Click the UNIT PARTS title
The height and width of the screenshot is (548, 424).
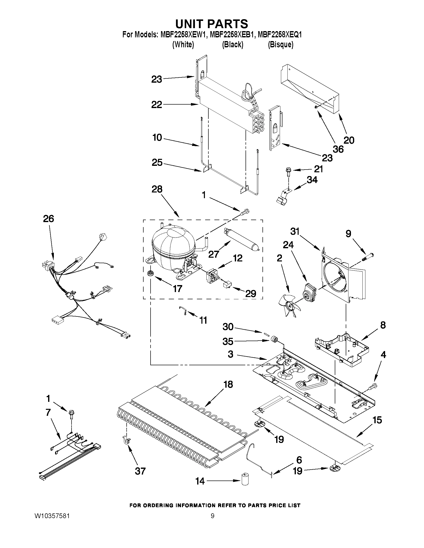coord(211,24)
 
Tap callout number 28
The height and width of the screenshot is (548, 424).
coord(157,189)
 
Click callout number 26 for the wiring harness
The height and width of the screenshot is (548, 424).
coord(48,219)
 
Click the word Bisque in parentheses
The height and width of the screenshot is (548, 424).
coord(281,45)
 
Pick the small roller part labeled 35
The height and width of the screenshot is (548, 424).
coord(274,340)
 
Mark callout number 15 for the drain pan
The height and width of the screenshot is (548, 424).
coord(377,420)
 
